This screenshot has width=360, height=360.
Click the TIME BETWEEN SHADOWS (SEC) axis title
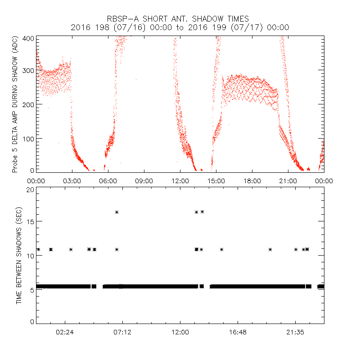pyautogui.click(x=19, y=256)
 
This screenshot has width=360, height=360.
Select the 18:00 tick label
pyautogui.click(x=252, y=181)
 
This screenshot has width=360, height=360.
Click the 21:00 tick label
pyautogui.click(x=288, y=181)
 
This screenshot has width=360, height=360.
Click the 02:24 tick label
pyautogui.click(x=65, y=332)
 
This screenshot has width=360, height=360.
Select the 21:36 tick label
pyautogui.click(x=295, y=332)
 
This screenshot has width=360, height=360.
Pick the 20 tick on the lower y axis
pyautogui.click(x=29, y=189)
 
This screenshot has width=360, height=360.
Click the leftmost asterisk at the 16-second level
pyautogui.click(x=117, y=212)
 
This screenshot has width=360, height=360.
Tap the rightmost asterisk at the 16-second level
pyautogui.click(x=202, y=211)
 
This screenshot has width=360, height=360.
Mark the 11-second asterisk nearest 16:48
pyautogui.click(x=221, y=249)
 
